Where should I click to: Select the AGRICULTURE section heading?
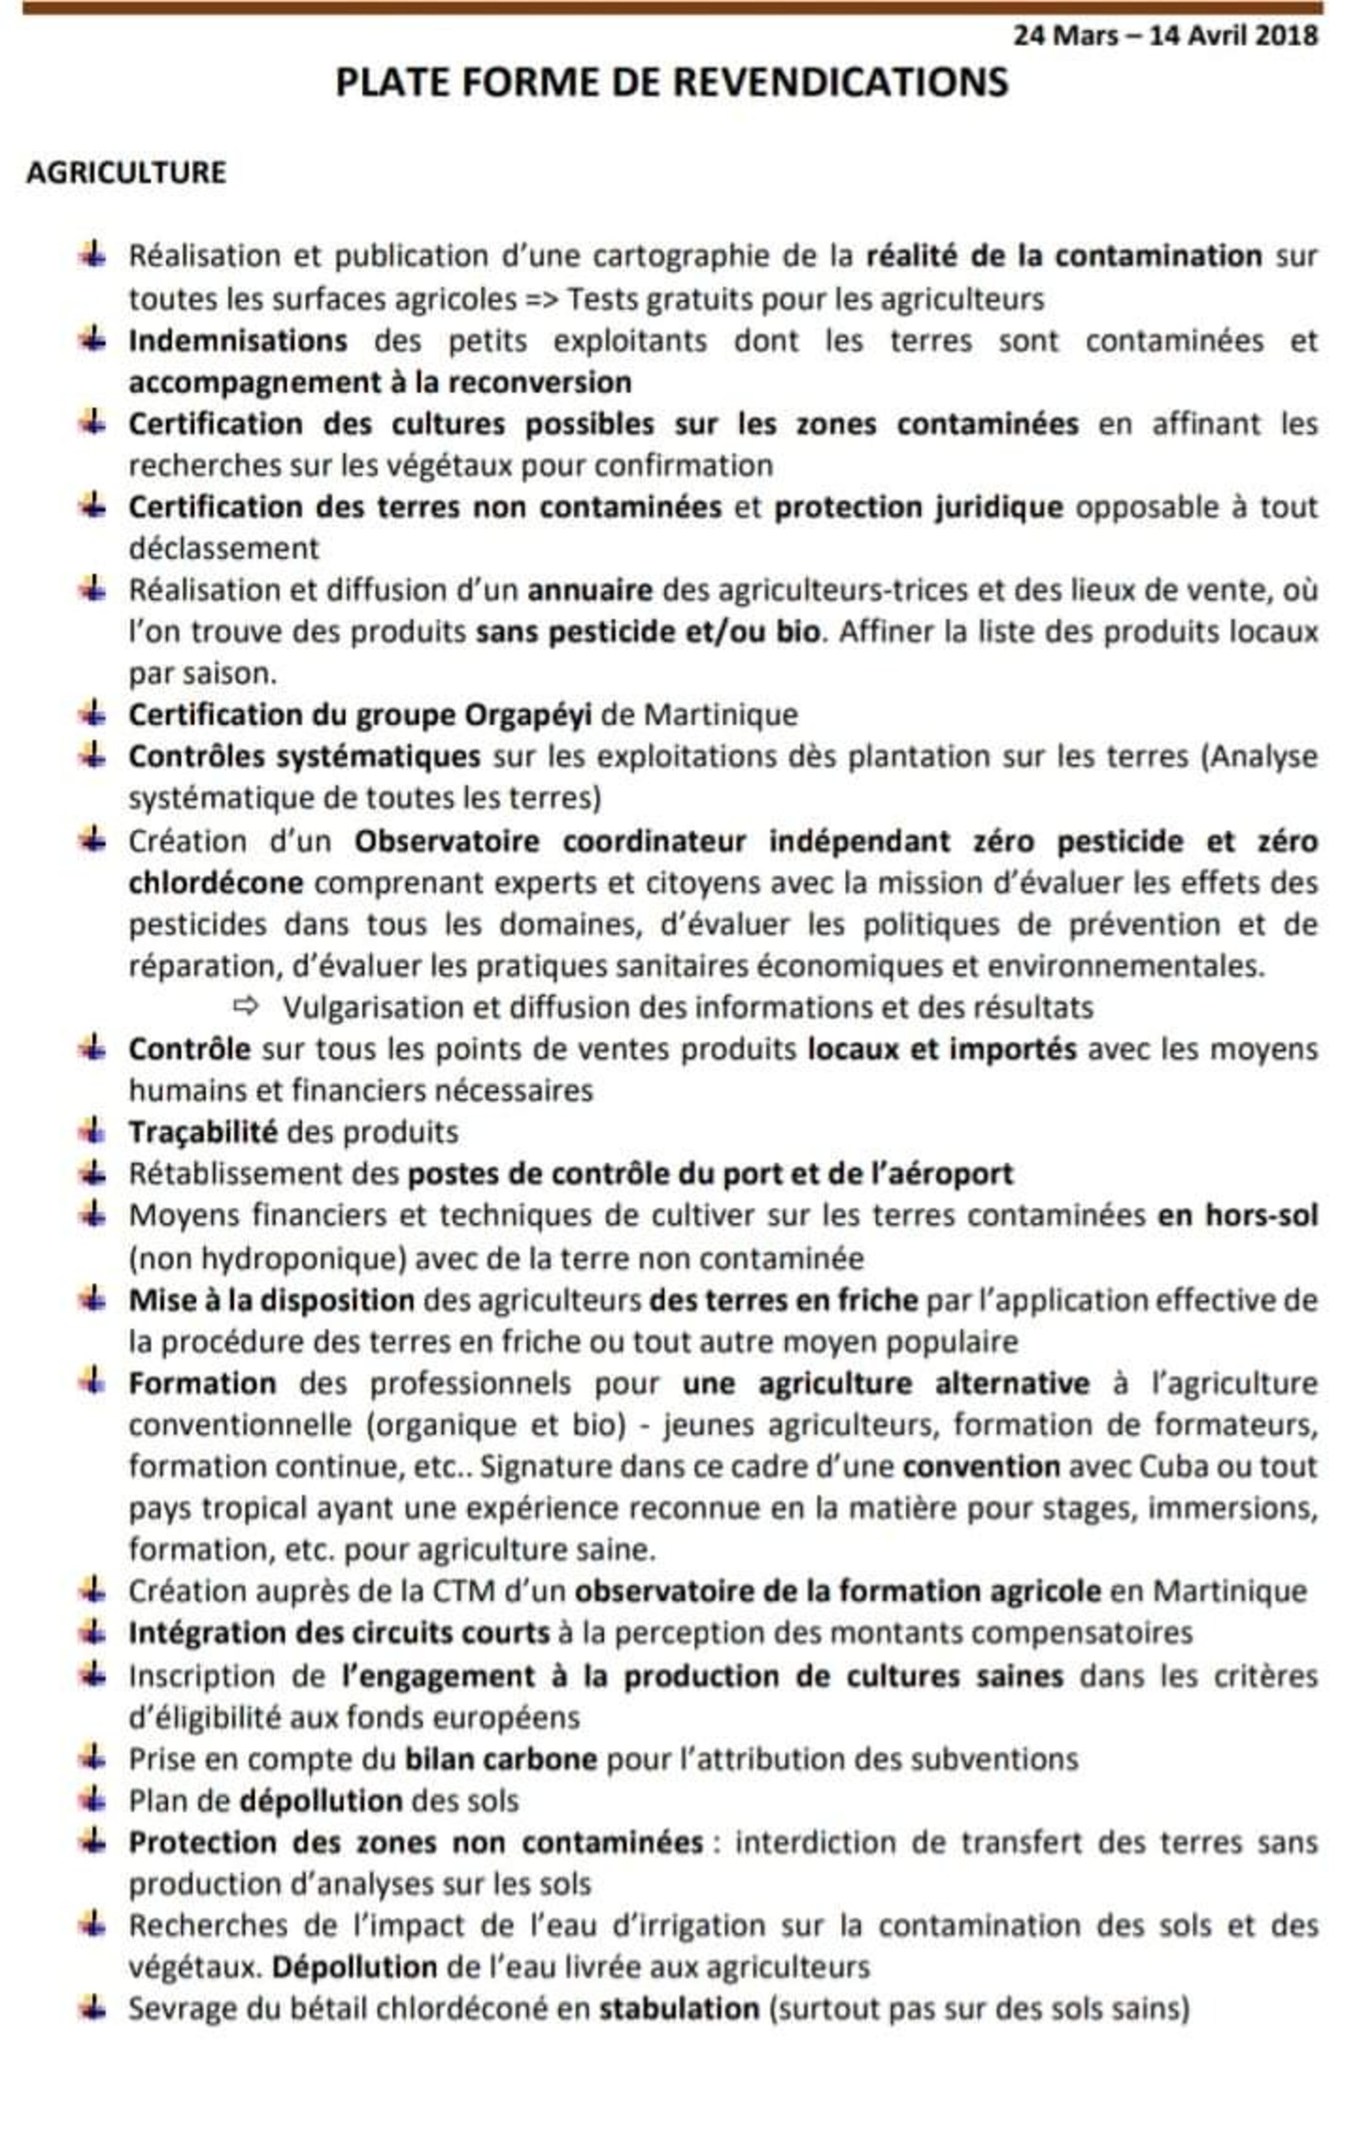127,172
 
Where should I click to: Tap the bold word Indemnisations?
237,341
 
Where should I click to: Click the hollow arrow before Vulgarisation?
245,1006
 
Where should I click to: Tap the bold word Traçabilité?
203,1132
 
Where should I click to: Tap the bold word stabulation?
679,2009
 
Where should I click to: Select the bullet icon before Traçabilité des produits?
92,1131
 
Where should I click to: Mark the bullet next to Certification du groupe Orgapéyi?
92,713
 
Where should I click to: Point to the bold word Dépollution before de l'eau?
355,1967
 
